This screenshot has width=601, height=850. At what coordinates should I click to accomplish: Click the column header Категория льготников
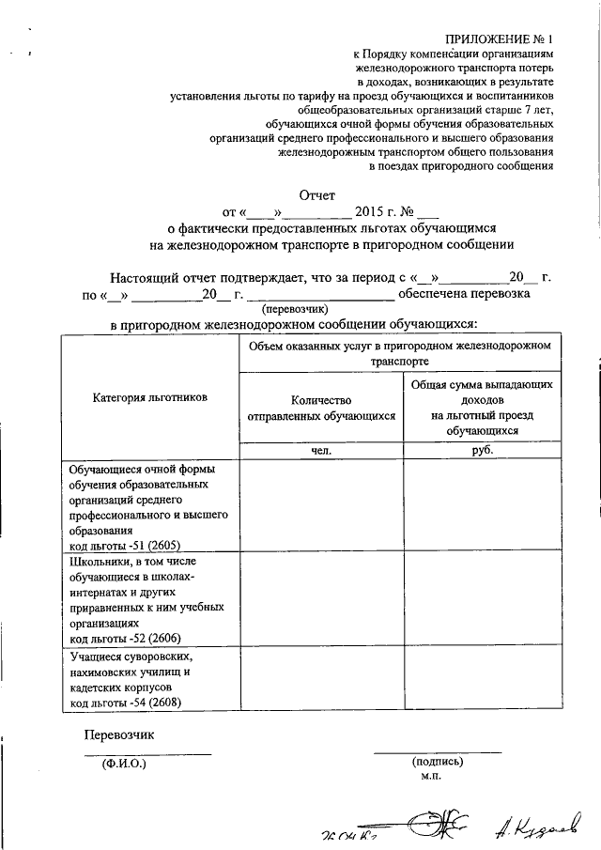point(149,397)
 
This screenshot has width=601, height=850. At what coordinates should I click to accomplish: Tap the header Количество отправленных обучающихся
point(321,406)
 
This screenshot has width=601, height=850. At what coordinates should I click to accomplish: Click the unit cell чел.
point(321,450)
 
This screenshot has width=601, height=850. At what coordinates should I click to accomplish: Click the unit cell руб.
point(484,450)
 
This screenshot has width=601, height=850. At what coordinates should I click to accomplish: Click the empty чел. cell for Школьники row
point(321,599)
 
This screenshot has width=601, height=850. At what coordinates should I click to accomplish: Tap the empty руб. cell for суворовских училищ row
point(484,678)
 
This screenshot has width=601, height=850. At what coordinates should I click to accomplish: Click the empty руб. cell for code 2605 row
point(484,505)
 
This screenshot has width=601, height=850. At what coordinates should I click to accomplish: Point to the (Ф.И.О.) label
point(125,763)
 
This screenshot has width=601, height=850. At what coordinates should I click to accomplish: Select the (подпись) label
point(437,763)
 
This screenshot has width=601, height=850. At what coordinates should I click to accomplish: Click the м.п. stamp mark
point(432,777)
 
